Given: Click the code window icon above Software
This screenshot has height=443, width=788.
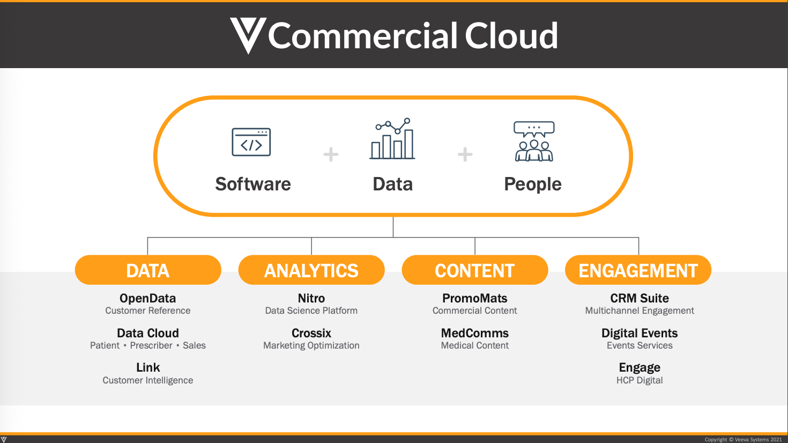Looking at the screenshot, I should (251, 142).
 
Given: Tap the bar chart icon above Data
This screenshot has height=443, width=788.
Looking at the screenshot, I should (393, 139).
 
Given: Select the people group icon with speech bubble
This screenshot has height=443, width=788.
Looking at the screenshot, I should (534, 141).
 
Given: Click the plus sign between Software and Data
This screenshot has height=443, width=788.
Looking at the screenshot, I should (331, 154).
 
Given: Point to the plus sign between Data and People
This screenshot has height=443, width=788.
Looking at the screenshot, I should (465, 154).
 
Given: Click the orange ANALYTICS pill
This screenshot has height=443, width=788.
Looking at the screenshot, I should (311, 270).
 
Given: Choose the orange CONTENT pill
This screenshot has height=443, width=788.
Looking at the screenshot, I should (475, 270).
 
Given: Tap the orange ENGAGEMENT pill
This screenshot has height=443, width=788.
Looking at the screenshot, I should (638, 270).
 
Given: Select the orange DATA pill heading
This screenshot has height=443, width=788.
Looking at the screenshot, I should (148, 270).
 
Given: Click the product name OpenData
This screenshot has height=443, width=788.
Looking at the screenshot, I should (148, 298).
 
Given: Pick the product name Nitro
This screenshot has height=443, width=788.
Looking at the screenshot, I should (311, 298).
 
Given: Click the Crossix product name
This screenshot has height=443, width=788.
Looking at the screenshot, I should (311, 333).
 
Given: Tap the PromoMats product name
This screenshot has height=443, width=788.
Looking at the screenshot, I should (475, 298).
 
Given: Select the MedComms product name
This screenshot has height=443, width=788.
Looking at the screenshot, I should (475, 333).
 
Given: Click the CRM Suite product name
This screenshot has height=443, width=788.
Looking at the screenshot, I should (640, 298).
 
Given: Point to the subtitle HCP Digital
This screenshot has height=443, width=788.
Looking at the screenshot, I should (640, 380).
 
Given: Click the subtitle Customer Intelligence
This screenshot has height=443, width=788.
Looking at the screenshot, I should (148, 380).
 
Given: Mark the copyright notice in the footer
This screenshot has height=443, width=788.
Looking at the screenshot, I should (743, 440).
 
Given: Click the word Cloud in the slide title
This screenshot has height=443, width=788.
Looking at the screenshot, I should (511, 36).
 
